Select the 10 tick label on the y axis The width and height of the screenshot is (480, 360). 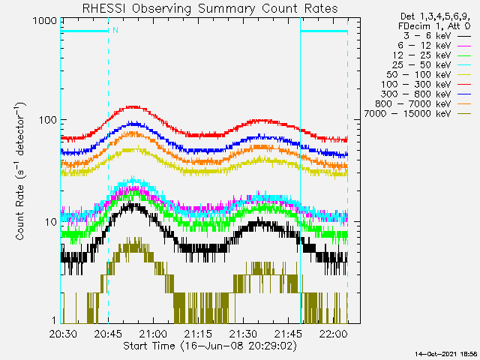tap(50, 222)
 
